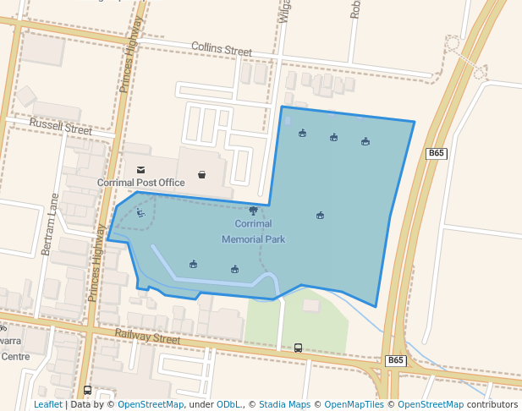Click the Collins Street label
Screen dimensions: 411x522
click(222, 49)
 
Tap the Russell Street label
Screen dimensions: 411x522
click(60, 128)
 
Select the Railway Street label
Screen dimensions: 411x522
click(147, 337)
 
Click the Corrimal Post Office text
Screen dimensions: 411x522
click(140, 183)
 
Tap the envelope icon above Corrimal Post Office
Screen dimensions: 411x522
click(140, 170)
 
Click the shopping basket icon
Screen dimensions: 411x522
click(201, 175)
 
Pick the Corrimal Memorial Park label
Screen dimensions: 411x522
click(253, 232)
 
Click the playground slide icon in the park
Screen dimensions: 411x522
click(140, 213)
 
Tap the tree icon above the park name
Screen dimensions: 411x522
click(253, 211)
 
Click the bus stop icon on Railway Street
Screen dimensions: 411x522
click(298, 348)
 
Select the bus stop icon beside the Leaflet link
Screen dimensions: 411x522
click(87, 391)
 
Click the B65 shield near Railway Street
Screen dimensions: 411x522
click(395, 360)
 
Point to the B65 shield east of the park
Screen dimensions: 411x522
click(436, 153)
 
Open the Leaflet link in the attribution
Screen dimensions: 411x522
click(47, 404)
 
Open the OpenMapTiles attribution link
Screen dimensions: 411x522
click(354, 404)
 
